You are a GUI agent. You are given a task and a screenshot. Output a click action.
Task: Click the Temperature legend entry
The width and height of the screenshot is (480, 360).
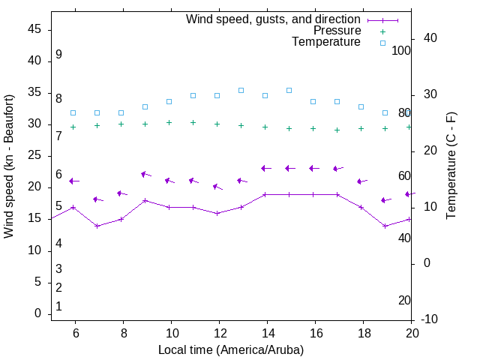click(x=326, y=43)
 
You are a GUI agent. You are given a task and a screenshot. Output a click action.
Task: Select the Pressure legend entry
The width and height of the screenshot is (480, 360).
click(x=337, y=31)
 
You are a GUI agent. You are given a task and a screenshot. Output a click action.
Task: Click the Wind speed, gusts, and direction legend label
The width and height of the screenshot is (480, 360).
click(x=274, y=19)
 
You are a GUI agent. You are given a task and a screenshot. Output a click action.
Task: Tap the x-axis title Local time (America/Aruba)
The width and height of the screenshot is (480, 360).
click(x=231, y=349)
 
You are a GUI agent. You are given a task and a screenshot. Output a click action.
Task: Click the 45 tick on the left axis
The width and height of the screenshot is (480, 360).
click(x=34, y=29)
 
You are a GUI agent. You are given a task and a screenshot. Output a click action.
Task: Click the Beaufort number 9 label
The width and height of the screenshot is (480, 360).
click(x=58, y=55)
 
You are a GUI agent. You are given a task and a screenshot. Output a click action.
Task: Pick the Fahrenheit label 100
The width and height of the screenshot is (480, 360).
click(x=401, y=50)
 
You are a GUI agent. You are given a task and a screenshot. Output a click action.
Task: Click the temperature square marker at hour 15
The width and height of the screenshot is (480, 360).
click(x=289, y=90)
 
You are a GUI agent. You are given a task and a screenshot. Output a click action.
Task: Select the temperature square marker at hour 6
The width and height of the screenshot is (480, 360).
click(x=73, y=112)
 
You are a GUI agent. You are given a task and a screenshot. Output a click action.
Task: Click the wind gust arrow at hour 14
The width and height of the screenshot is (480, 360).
click(x=266, y=168)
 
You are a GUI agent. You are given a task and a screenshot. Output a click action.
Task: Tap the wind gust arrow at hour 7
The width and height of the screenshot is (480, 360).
click(x=97, y=199)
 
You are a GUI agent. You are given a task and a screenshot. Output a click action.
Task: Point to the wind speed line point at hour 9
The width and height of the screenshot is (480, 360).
click(x=145, y=200)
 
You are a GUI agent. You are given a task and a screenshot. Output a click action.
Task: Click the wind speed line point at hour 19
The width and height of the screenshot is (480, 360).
click(x=385, y=226)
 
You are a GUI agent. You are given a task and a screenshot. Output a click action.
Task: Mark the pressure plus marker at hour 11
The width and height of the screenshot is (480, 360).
click(x=193, y=122)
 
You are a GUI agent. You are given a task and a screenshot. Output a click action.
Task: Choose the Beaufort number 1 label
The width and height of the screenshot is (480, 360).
click(x=58, y=306)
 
